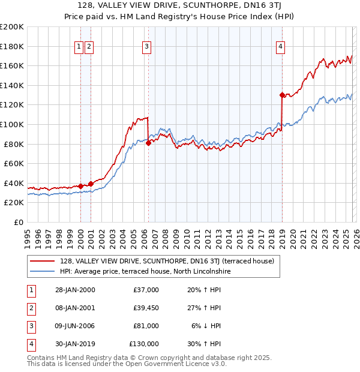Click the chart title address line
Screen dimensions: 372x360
pos(179,6)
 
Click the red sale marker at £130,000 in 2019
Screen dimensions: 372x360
pos(282,95)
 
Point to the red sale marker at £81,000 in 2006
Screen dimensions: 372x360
pos(148,143)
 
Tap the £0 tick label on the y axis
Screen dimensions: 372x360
pos(18,222)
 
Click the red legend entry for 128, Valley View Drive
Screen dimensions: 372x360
pos(167,261)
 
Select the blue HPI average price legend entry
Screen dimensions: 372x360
pos(145,271)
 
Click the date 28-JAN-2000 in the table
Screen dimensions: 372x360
pos(74,290)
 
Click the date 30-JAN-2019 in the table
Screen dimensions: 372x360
pos(74,344)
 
